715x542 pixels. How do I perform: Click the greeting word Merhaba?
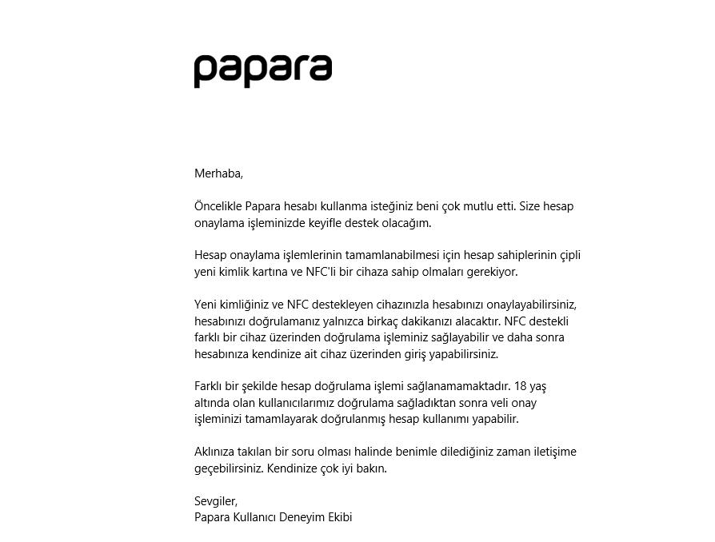tap(218, 173)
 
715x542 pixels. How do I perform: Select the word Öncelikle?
tap(218, 206)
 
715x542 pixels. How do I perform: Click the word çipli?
tap(566, 256)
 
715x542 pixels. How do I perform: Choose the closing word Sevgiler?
tap(215, 501)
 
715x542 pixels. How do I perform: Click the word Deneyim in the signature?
tap(303, 517)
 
